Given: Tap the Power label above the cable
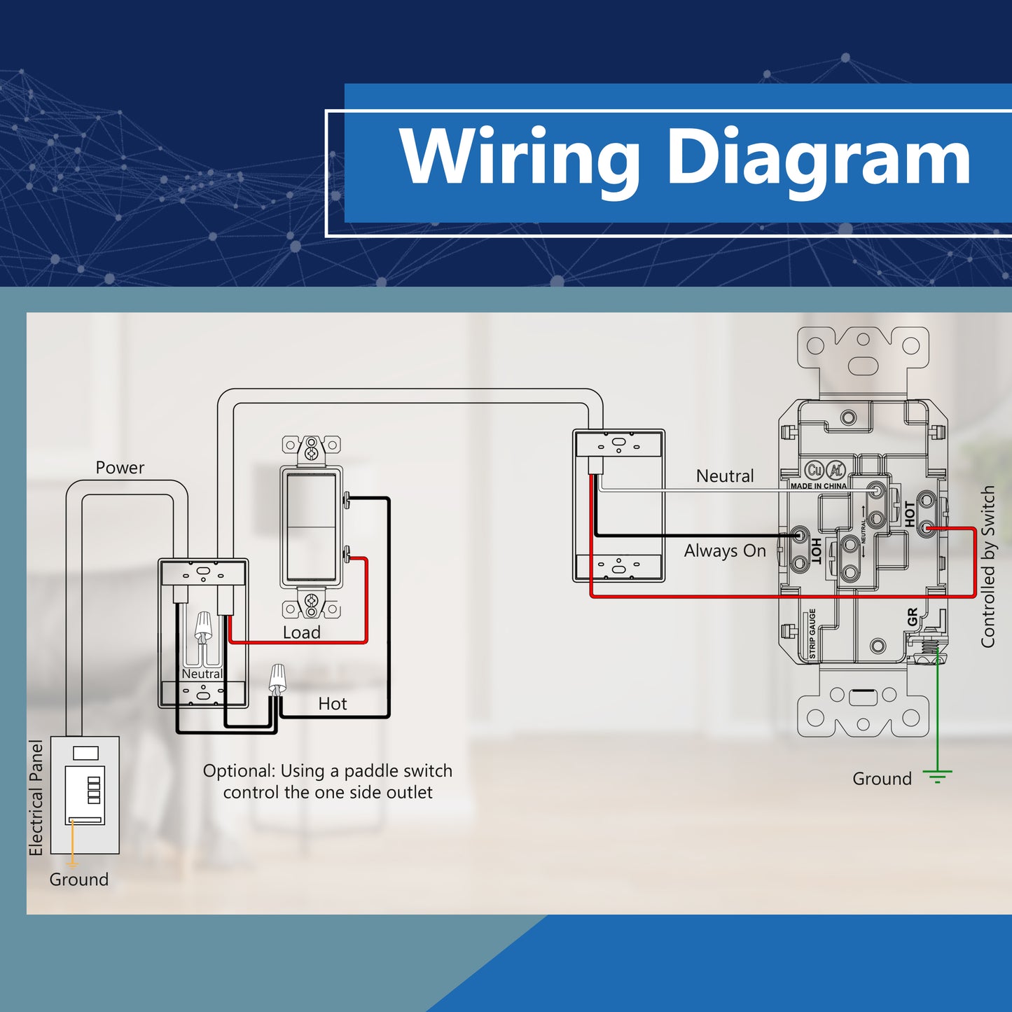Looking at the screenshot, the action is click(x=120, y=468).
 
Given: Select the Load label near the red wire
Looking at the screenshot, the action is click(x=301, y=632).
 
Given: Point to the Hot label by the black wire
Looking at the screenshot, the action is click(x=333, y=704).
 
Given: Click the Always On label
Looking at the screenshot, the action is click(x=725, y=551).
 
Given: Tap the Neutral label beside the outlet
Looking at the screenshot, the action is click(x=725, y=476).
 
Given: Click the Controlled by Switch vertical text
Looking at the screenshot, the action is click(x=987, y=566).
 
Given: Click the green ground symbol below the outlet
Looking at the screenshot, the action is click(x=938, y=777).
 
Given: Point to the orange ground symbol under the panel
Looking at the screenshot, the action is click(x=72, y=864).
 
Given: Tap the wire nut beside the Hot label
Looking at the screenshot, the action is click(x=277, y=679).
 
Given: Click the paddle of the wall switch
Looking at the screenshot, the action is click(x=311, y=527).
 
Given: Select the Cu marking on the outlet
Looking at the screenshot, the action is click(x=814, y=470).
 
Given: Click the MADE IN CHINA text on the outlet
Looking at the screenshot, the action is click(x=819, y=486).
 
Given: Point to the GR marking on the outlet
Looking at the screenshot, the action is click(x=913, y=617).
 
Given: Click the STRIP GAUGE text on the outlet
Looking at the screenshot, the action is click(x=812, y=633).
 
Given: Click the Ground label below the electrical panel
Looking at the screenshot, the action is click(x=78, y=880).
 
